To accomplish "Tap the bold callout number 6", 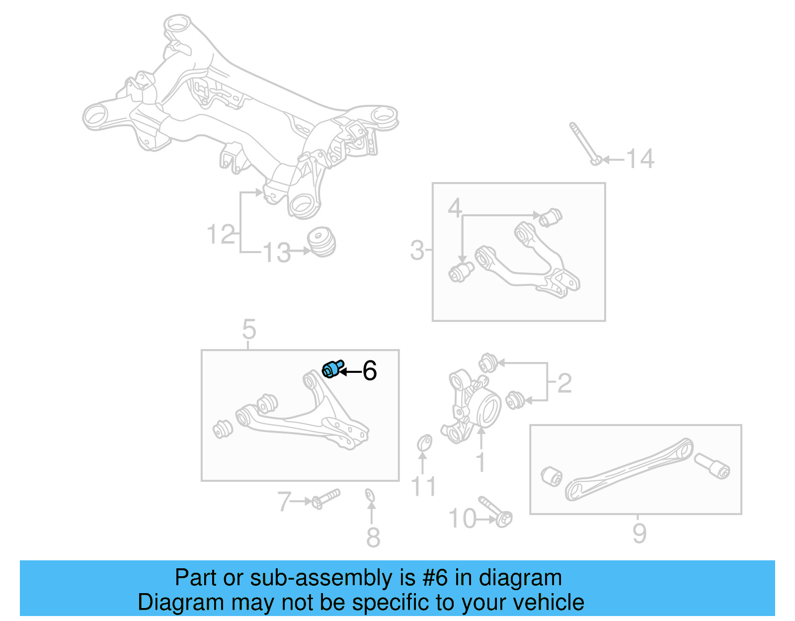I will tap(369, 371).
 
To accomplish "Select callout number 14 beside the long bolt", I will tap(640, 159).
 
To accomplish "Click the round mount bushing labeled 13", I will tap(321, 242).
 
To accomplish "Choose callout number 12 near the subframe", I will tap(221, 234).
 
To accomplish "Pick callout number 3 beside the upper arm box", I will tap(417, 250).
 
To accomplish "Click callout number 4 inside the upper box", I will tap(454, 207).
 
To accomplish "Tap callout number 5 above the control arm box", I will tap(249, 329).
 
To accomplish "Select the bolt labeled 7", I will tap(326, 498).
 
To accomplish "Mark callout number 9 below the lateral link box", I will tap(639, 533).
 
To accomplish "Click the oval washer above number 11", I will tap(424, 442).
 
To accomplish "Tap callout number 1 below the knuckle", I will tap(480, 462).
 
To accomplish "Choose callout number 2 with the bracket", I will tap(564, 383).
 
